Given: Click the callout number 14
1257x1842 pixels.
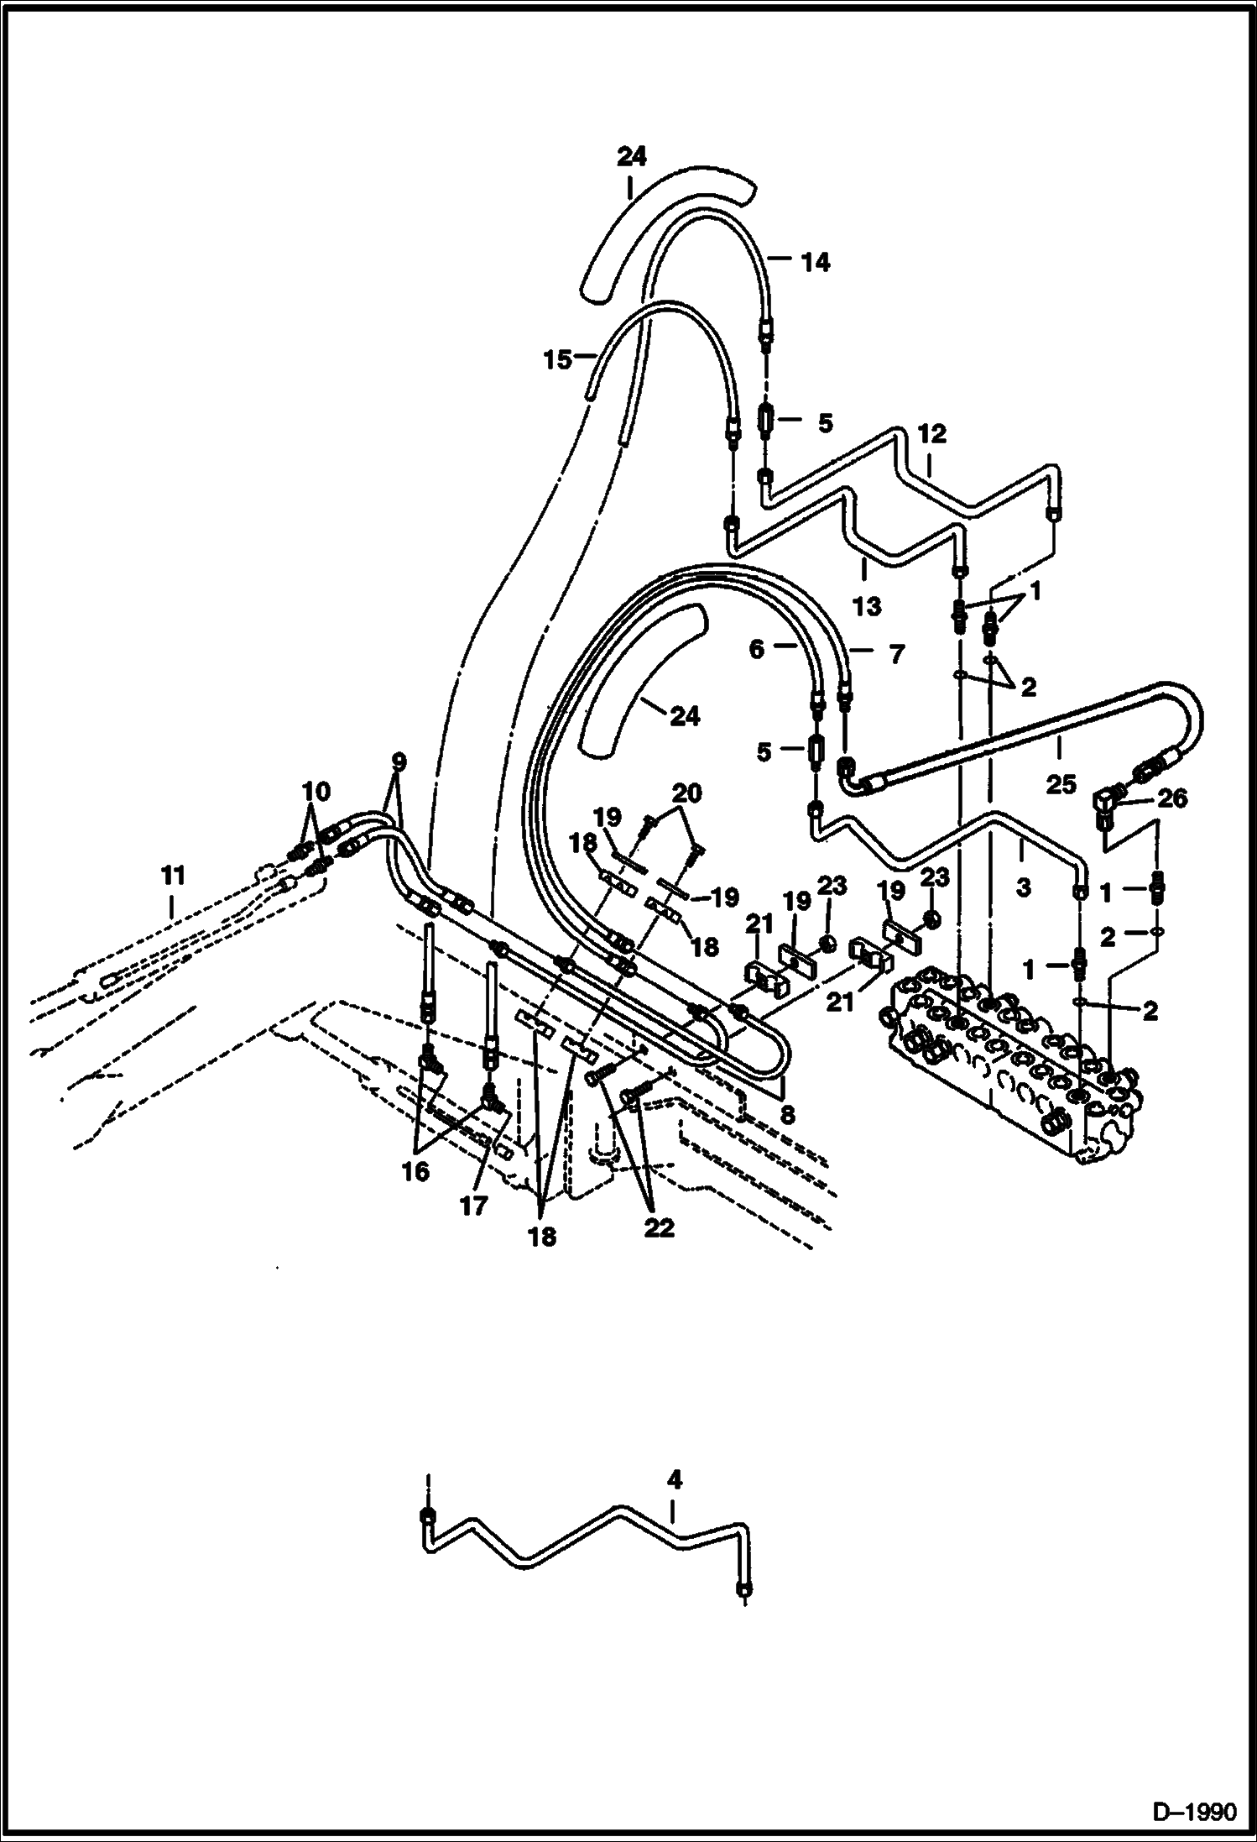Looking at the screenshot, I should coord(815,263).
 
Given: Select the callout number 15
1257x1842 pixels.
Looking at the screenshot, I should coord(556,360).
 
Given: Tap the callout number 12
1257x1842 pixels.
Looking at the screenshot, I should coord(931,434).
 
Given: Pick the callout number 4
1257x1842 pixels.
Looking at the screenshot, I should coord(675,1478).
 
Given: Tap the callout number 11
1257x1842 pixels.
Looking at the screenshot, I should coord(172,876).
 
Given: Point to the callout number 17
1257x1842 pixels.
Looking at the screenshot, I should coord(473,1206).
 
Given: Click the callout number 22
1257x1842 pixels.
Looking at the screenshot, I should coord(659,1228).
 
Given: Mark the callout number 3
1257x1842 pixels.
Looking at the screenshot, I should coord(1023,887).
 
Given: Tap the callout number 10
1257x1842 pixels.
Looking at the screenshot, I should coord(316,791).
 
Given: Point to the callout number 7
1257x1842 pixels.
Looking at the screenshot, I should coord(896,653).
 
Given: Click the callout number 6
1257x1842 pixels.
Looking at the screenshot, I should coord(757,649).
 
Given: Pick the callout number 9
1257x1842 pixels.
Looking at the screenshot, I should coord(399,761).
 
